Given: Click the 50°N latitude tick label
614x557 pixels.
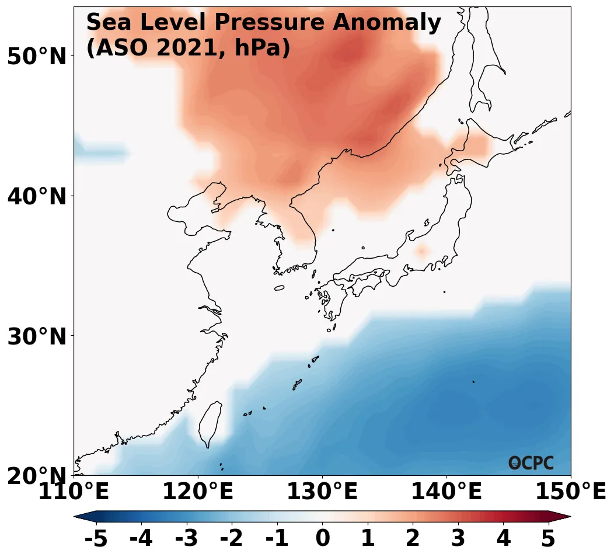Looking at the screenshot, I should (36, 57).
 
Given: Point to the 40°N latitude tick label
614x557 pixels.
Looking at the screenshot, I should (36, 197).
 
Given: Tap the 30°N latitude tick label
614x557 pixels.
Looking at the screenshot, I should (36, 337).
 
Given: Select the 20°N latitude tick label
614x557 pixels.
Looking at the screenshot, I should (36, 476).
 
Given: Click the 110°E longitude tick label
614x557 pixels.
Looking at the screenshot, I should (74, 492).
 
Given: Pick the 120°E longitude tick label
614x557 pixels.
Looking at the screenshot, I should (198, 492).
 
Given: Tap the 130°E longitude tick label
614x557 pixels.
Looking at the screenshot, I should (322, 492).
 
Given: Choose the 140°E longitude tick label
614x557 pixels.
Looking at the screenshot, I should (446, 492).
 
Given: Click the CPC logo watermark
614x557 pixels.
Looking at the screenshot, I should (531, 463).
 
